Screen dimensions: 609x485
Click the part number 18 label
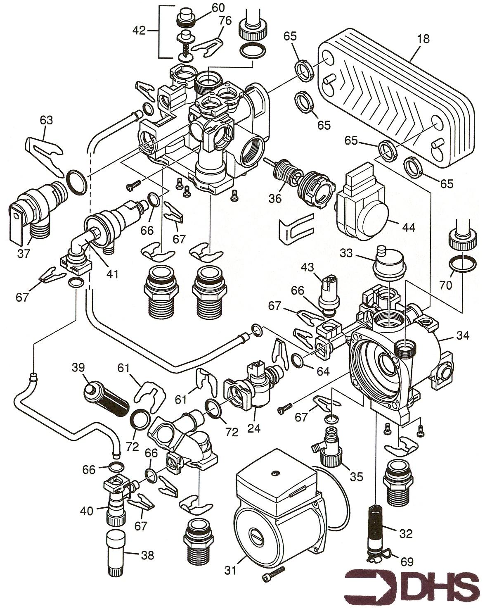click(x=423, y=39)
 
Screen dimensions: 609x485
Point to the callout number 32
click(x=406, y=534)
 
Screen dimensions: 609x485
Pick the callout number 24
click(x=254, y=428)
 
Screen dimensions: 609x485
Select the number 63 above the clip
click(x=47, y=120)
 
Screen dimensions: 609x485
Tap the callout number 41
click(x=113, y=273)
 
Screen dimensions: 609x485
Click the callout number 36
click(x=275, y=198)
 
